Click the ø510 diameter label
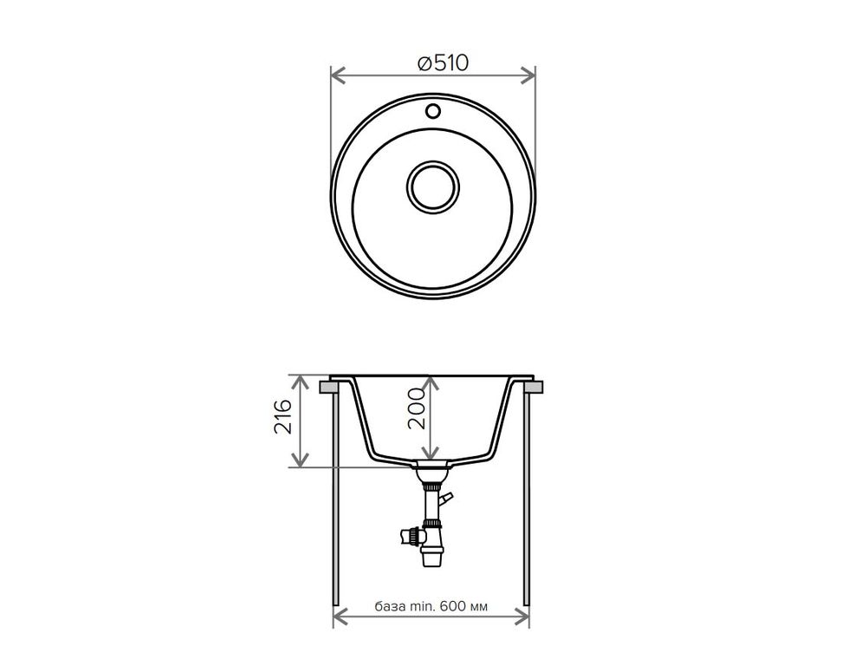pos(443,62)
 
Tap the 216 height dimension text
pos(283,416)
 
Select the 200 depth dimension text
pos(417,408)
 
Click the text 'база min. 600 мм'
pos(431,606)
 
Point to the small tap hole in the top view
pos(433,110)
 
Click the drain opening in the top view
pos(433,186)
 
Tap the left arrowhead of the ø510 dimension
pos(338,75)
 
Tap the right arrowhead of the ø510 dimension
pos(528,75)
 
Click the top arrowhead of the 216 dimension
pos(300,381)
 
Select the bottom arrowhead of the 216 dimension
pos(300,459)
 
